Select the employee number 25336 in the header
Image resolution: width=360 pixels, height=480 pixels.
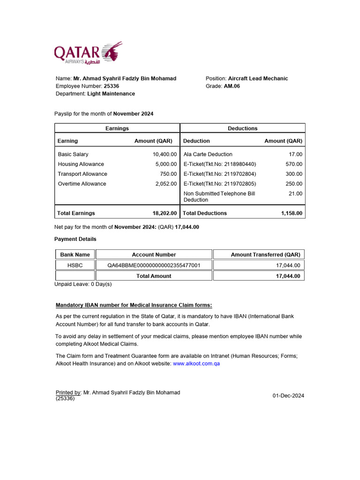pyautogui.click(x=112, y=86)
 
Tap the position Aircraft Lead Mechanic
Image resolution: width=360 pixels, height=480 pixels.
pyautogui.click(x=258, y=78)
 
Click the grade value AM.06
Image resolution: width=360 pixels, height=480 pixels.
pyautogui.click(x=232, y=86)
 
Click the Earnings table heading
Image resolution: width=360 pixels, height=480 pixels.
pyautogui.click(x=117, y=128)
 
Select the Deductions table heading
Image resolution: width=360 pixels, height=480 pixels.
pyautogui.click(x=242, y=128)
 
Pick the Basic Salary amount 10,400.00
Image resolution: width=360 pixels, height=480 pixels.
pyautogui.click(x=165, y=154)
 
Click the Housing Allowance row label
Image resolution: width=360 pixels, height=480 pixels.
pyautogui.click(x=81, y=164)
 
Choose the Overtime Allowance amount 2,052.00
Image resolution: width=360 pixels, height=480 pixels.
pyautogui.click(x=166, y=184)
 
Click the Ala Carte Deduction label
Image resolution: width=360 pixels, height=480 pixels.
pyautogui.click(x=208, y=154)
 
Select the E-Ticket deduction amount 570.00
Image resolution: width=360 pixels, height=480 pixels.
pyautogui.click(x=294, y=164)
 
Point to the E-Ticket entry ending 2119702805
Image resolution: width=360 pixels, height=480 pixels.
pyautogui.click(x=220, y=184)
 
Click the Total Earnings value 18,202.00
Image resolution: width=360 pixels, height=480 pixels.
pyautogui.click(x=165, y=213)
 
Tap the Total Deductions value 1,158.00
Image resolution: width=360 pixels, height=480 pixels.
pyautogui.click(x=292, y=213)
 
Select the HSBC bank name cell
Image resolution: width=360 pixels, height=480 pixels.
pyautogui.click(x=75, y=265)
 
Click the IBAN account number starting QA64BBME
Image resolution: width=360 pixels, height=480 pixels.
pyautogui.click(x=154, y=265)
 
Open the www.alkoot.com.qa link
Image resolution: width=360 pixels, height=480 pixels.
pyautogui.click(x=196, y=364)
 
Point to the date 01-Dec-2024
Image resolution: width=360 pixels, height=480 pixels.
pyautogui.click(x=288, y=396)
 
